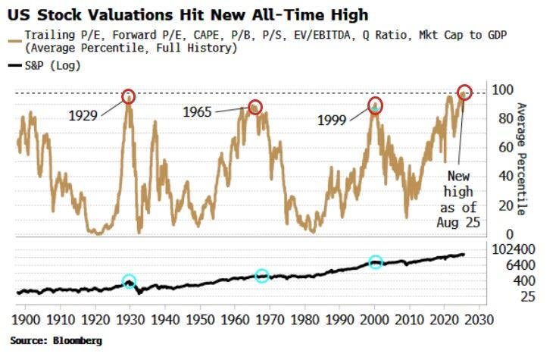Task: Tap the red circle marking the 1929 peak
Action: pyautogui.click(x=129, y=96)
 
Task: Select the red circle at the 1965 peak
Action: pyautogui.click(x=255, y=107)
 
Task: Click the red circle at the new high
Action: pyautogui.click(x=464, y=92)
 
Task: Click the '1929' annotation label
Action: pyautogui.click(x=83, y=116)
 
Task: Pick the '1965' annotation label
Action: pyautogui.click(x=198, y=112)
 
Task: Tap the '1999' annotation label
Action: pyautogui.click(x=333, y=121)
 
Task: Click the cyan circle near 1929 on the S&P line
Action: pyautogui.click(x=129, y=281)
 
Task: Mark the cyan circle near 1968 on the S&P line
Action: pyautogui.click(x=262, y=276)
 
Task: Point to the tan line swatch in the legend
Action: pyautogui.click(x=13, y=35)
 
